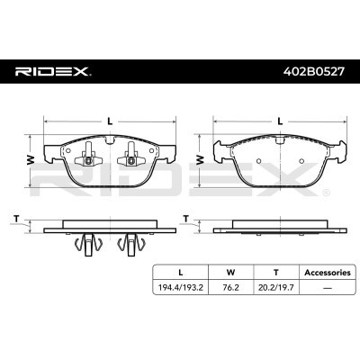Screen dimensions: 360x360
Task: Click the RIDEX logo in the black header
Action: [x=53, y=72]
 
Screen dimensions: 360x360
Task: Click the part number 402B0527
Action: [x=314, y=72]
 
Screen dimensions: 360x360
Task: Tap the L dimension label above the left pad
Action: [x=110, y=121]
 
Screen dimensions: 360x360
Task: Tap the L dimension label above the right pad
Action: [x=280, y=121]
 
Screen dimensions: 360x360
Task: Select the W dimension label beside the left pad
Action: [x=31, y=160]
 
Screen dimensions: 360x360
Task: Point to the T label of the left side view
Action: [x=16, y=220]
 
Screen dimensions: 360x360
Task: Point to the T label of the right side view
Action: [x=186, y=219]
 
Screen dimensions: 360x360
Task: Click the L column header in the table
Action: [x=180, y=273]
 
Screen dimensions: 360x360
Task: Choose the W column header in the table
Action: [x=230, y=273]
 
